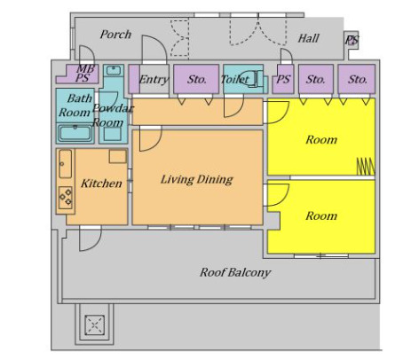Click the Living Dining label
coord(197,179)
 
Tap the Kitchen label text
coord(101,184)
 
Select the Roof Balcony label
coord(235,272)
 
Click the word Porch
coord(115,35)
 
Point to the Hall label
coord(309,38)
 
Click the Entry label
coord(154,79)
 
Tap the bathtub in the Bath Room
coord(75,134)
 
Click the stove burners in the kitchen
coord(66,197)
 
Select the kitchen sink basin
coord(65,164)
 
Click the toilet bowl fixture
coord(251,78)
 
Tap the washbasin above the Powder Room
coord(114,71)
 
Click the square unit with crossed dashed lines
coord(95,325)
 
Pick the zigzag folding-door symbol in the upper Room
coord(366,167)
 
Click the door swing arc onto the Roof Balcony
coord(91,239)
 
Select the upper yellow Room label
coord(321,139)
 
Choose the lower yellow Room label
coord(321,215)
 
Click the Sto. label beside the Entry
coord(196,79)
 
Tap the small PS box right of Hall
coord(352,40)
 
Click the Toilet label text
coord(234,79)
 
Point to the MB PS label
coord(84,74)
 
